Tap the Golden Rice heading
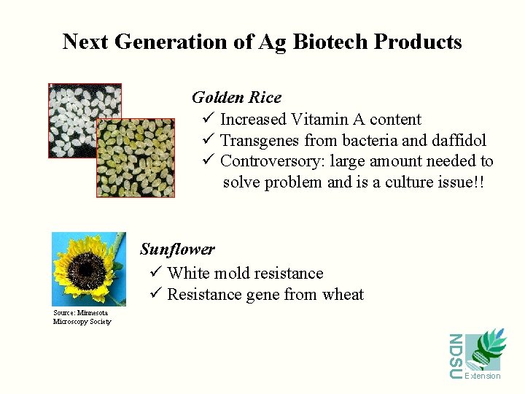coord(236,98)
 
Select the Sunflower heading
coord(177,250)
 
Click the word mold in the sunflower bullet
coord(228,274)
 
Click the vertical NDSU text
coord(455,355)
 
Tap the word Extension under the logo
coord(483,376)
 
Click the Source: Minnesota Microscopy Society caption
coord(82,317)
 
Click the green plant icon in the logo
coord(484,350)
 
